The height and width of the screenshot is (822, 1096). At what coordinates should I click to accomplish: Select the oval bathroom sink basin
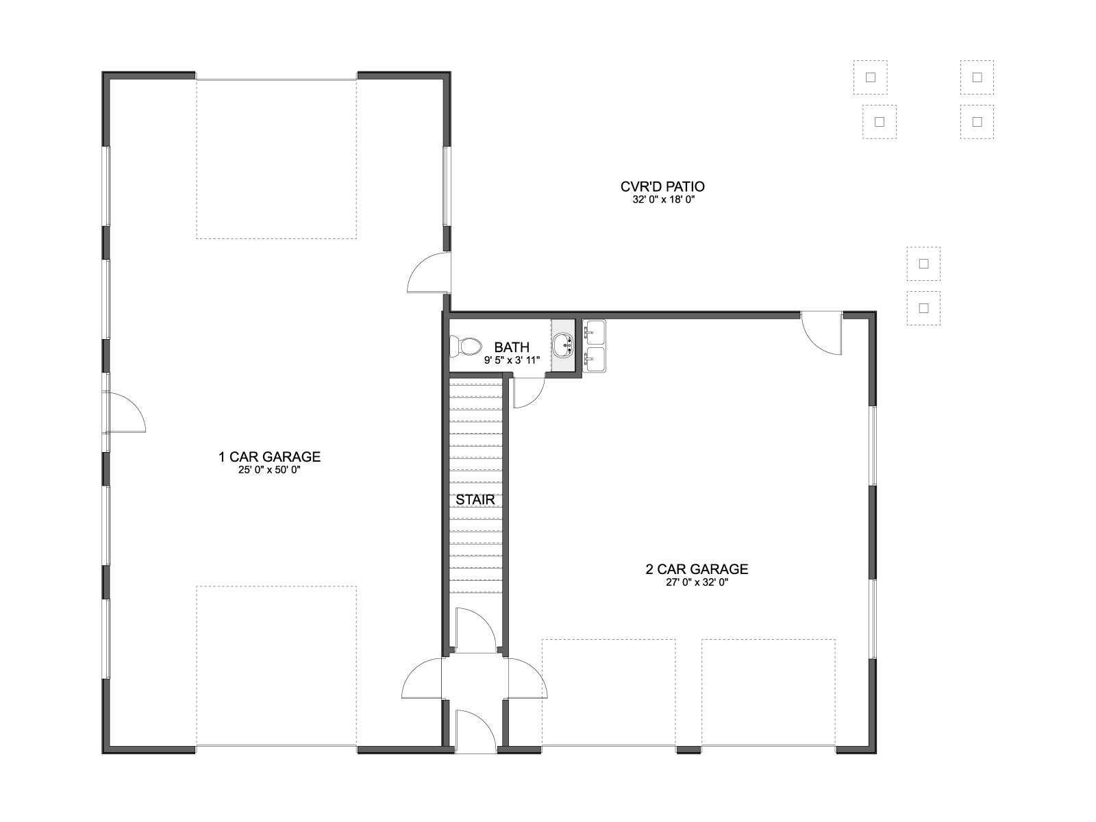(x=564, y=345)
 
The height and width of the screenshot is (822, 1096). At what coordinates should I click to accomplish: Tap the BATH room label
(x=512, y=347)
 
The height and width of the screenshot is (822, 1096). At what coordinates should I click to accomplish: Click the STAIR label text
(x=475, y=499)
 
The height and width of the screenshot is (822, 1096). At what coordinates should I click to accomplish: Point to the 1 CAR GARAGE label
(x=269, y=457)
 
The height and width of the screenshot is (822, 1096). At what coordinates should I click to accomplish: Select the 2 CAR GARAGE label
(x=697, y=569)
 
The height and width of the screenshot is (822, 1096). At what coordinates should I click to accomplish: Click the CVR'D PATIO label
(x=662, y=186)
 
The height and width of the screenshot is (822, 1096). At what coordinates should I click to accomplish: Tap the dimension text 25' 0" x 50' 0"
(x=269, y=470)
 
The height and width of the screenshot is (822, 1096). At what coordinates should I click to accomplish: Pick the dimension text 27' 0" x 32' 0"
(x=697, y=582)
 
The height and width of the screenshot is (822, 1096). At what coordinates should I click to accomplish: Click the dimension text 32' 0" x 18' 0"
(x=664, y=200)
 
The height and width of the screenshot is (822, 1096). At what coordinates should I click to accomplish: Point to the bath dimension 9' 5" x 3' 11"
(x=512, y=360)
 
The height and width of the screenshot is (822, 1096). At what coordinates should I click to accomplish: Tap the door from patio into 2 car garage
(x=822, y=334)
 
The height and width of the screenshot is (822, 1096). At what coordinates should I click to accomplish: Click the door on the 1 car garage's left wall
(x=124, y=412)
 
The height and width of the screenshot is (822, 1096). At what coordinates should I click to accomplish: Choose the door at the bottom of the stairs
(x=475, y=630)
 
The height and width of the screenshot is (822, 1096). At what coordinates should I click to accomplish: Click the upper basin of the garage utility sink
(x=595, y=332)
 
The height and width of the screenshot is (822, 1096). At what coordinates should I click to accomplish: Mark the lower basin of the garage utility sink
(x=595, y=360)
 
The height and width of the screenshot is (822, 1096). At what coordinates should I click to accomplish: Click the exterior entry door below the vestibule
(x=476, y=731)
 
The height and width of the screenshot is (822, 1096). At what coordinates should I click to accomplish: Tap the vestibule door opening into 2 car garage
(x=527, y=677)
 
